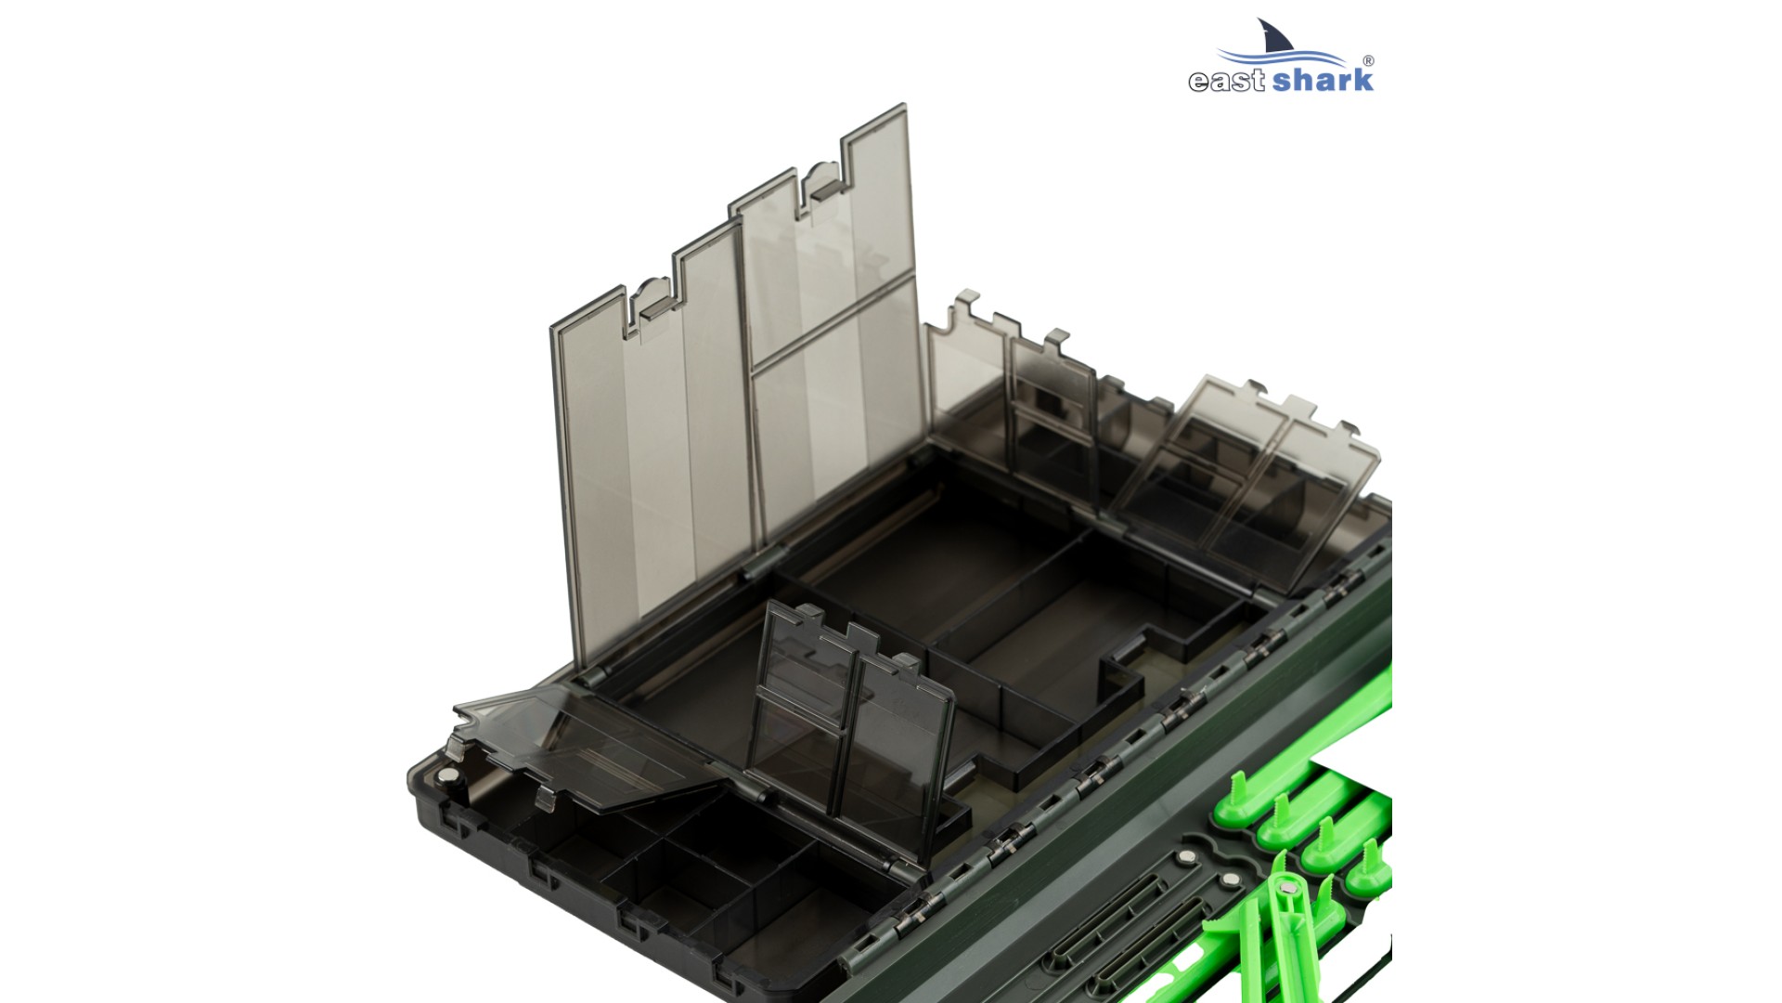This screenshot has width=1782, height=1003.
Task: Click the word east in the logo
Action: [1227, 81]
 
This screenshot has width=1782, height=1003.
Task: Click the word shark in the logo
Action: [1323, 78]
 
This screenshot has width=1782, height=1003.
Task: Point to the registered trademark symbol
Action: [1369, 61]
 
